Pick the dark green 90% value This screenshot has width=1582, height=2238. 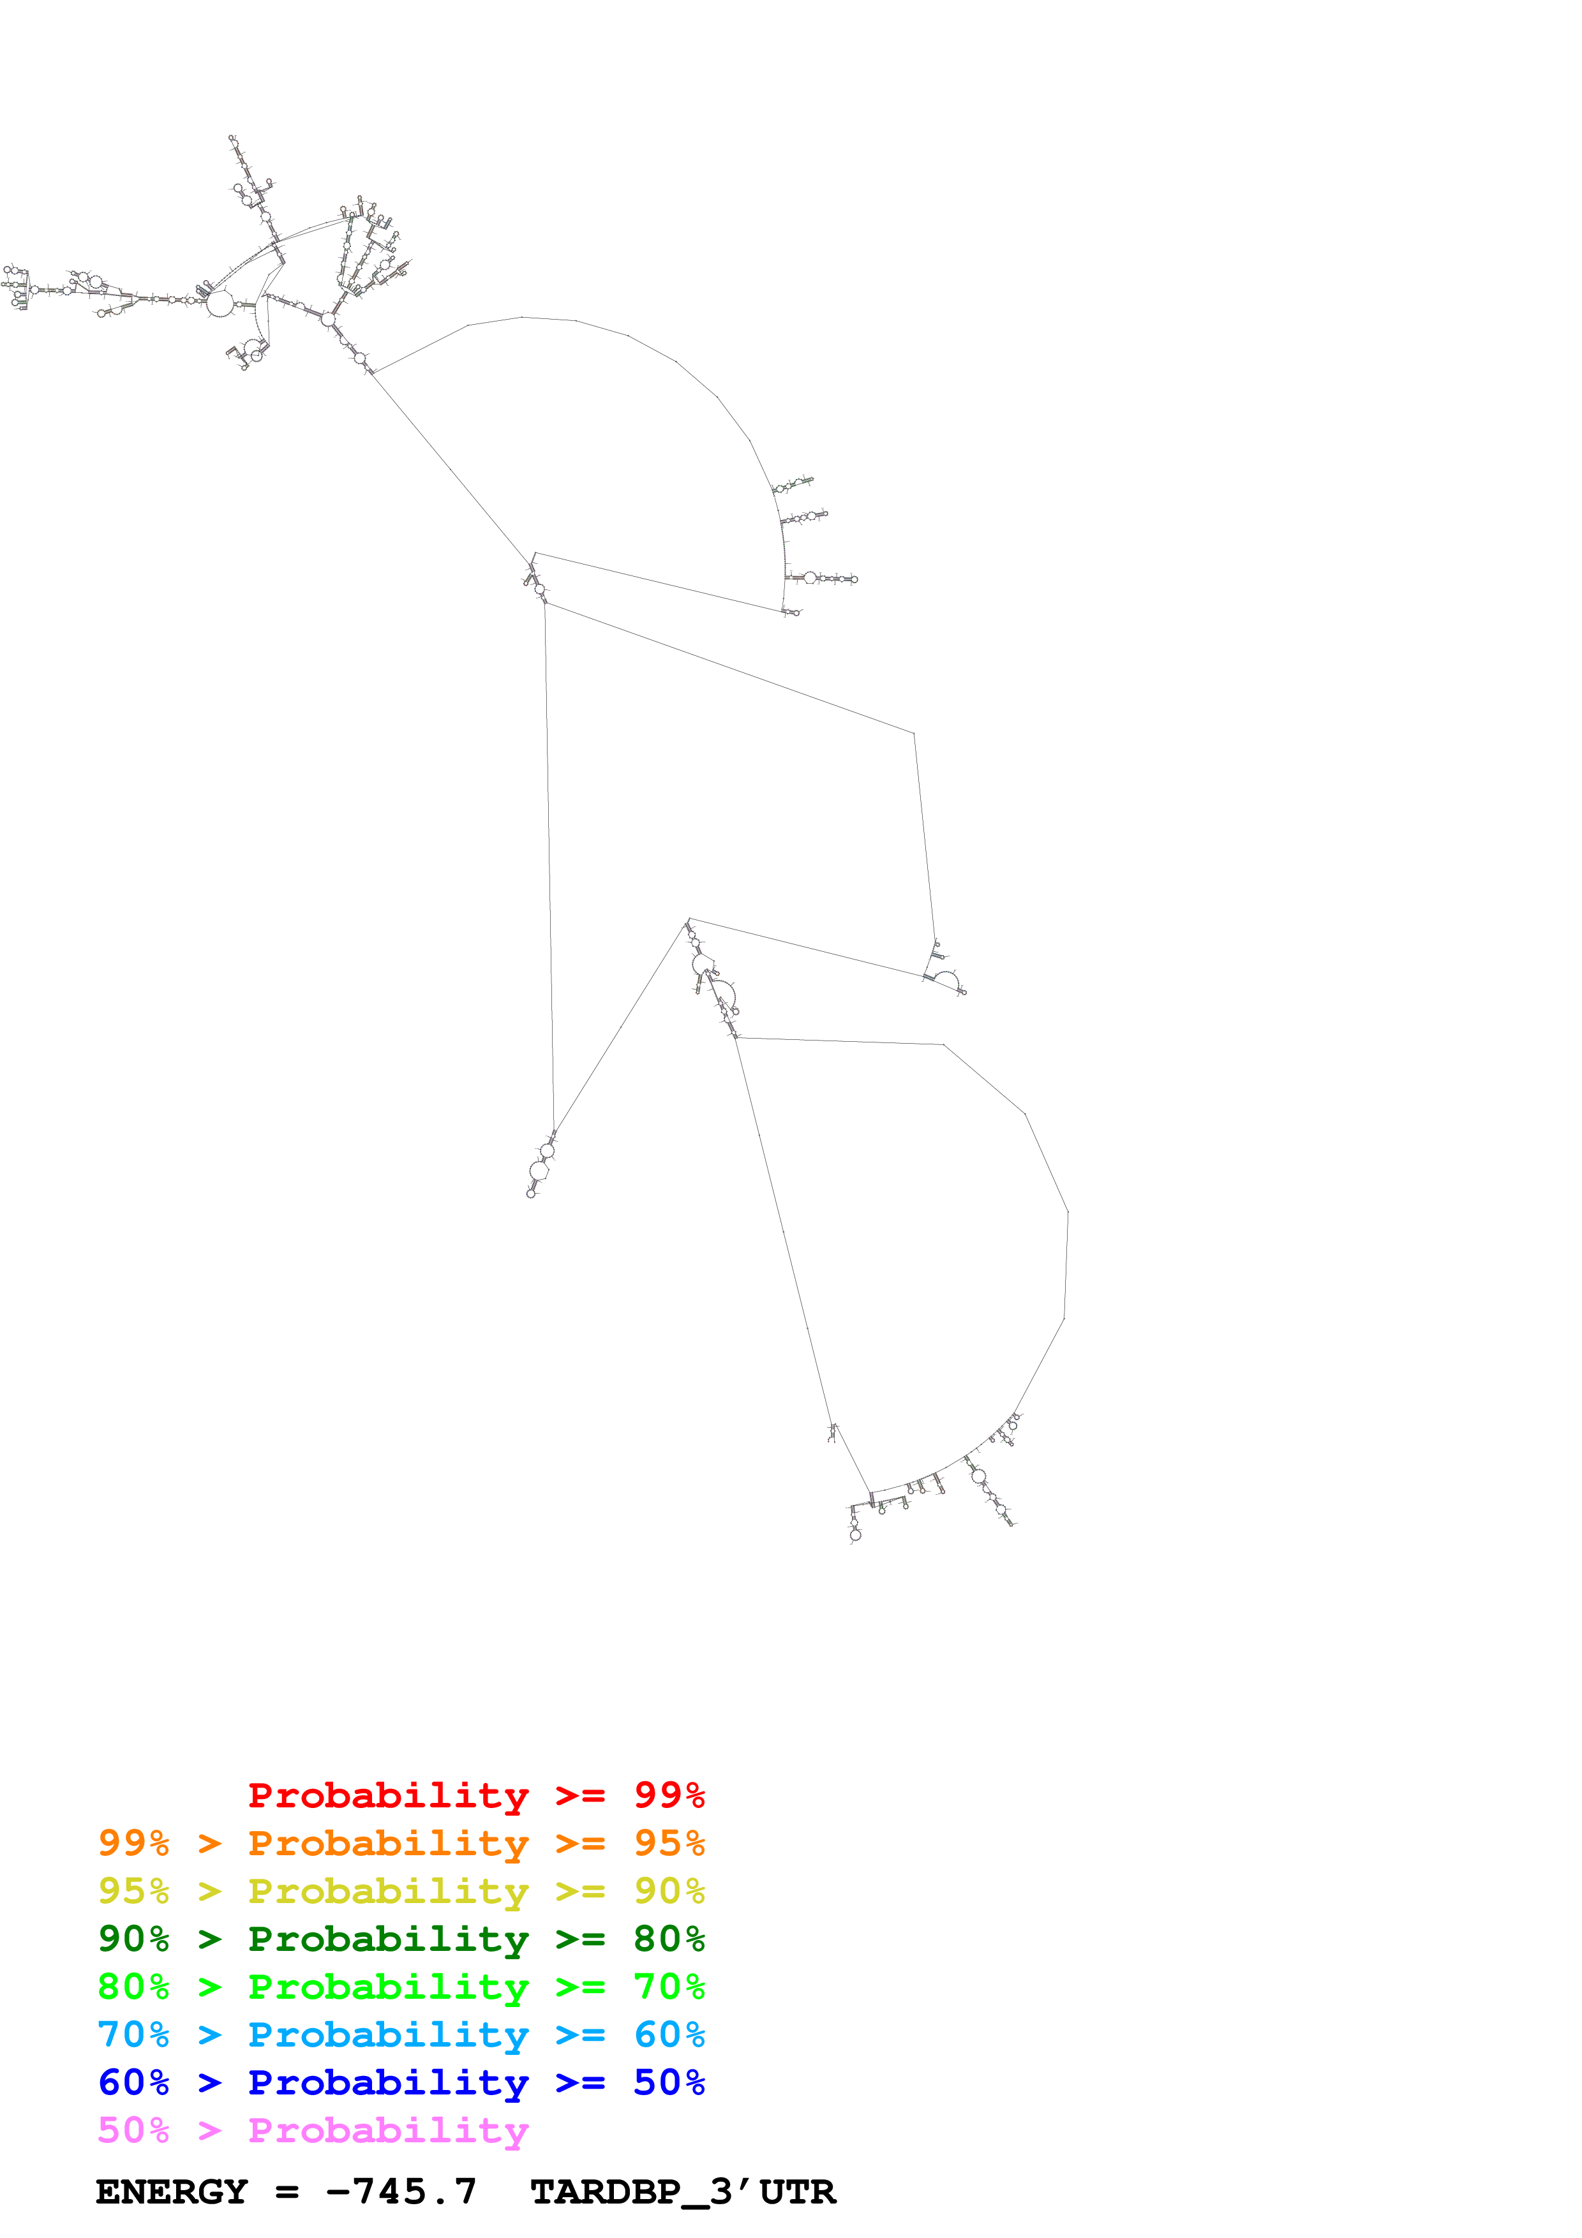click(x=133, y=1939)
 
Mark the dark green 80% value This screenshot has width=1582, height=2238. click(x=669, y=1939)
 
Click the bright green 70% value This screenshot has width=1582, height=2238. click(x=669, y=1987)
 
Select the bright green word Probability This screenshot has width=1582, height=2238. click(x=388, y=1987)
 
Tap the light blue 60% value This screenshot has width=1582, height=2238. click(x=669, y=2034)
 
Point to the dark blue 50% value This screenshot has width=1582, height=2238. click(x=669, y=2082)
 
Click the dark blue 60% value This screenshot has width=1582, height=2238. click(x=133, y=2082)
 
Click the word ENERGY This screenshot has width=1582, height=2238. click(x=172, y=2192)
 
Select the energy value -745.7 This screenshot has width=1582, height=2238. click(x=401, y=2192)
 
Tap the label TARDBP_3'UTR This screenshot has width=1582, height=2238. click(x=682, y=2192)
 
